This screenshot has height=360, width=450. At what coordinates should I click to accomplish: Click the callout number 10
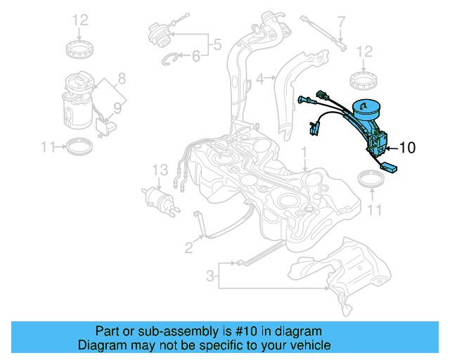408,148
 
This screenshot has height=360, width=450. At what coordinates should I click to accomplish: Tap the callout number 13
161,169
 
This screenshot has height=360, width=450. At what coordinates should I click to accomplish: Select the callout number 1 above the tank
304,151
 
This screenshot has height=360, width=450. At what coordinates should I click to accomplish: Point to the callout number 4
260,79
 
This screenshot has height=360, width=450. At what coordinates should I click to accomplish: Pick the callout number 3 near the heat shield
210,277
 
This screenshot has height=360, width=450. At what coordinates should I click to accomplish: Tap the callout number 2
188,247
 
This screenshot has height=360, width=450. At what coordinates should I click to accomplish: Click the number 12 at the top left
79,20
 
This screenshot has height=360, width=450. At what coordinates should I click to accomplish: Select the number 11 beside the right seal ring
375,209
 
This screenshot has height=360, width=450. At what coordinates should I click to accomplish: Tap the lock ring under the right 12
366,79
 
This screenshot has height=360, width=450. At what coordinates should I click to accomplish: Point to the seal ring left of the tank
77,147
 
